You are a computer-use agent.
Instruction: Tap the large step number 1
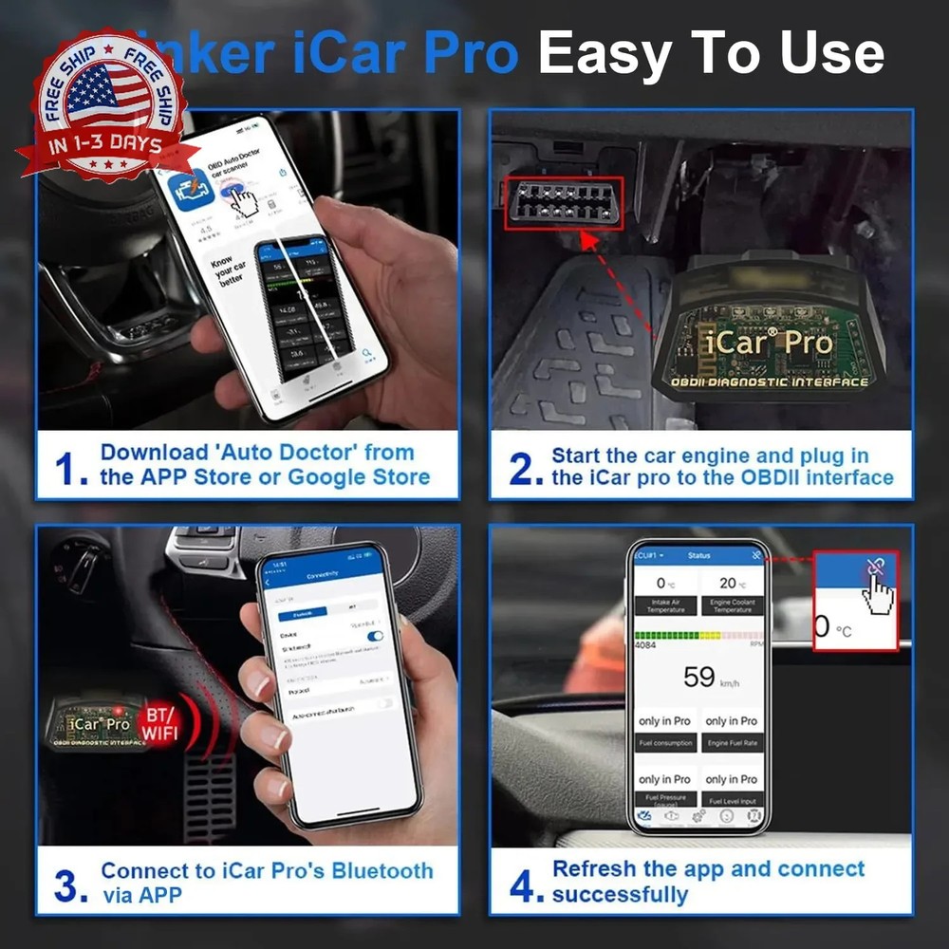[68, 468]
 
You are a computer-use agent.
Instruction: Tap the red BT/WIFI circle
[160, 723]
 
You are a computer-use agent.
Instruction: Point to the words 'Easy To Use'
[712, 53]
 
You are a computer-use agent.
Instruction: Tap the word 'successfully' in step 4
[620, 894]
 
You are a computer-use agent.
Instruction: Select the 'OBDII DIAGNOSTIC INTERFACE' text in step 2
[770, 382]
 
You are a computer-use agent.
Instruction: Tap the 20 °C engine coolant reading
[729, 583]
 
